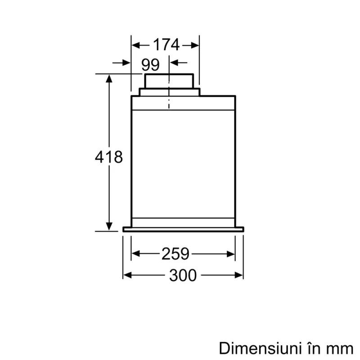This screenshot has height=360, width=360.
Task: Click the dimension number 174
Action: click(166, 45)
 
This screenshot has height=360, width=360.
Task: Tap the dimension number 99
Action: click(150, 65)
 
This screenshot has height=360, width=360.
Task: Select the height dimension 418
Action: click(109, 157)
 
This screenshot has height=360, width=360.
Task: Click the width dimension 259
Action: click(175, 254)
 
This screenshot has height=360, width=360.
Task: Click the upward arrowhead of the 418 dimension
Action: click(109, 78)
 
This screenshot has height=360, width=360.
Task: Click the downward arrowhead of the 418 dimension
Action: click(109, 227)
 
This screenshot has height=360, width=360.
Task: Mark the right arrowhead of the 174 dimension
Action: click(195, 45)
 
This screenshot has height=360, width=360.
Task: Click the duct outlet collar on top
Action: click(169, 81)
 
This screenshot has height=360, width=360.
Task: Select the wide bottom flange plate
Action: click(183, 229)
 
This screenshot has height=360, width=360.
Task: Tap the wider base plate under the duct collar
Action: click(169, 92)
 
